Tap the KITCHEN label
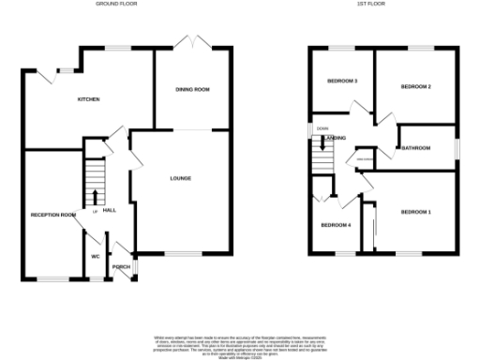pyautogui.click(x=88, y=98)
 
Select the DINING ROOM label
pyautogui.click(x=192, y=89)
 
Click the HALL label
pyautogui.click(x=109, y=210)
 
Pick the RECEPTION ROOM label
pyautogui.click(x=52, y=215)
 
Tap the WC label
pyautogui.click(x=96, y=256)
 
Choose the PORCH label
pyautogui.click(x=122, y=265)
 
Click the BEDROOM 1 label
pyautogui.click(x=416, y=213)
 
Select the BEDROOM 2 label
pyautogui.click(x=415, y=86)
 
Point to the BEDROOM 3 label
pyautogui.click(x=342, y=81)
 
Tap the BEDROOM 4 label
pyautogui.click(x=336, y=225)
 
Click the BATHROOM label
pyautogui.click(x=415, y=148)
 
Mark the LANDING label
pyautogui.click(x=334, y=139)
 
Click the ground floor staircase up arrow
pyautogui.click(x=96, y=196)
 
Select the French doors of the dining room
pyautogui.click(x=192, y=44)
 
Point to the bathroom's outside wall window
pyautogui.click(x=457, y=148)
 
